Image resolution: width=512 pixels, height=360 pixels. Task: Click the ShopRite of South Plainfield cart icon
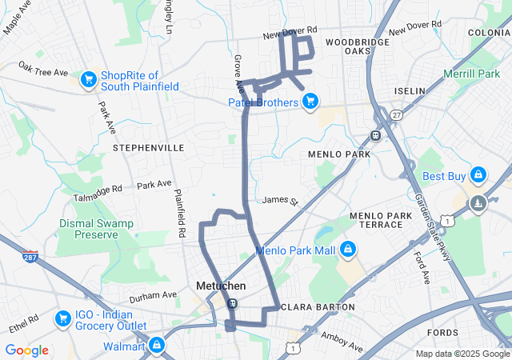(x=88, y=79)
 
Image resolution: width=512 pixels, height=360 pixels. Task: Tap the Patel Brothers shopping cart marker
(x=310, y=102)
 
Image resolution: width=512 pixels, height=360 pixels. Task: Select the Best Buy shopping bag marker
(x=478, y=174)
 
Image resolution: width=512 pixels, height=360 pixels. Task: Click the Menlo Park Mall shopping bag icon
(x=347, y=250)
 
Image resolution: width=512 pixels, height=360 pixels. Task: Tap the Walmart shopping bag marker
(x=157, y=346)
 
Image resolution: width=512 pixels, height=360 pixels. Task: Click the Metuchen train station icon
(x=231, y=303)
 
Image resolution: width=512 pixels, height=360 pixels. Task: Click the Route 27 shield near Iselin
(x=395, y=115)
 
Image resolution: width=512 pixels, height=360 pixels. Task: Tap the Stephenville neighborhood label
(x=149, y=148)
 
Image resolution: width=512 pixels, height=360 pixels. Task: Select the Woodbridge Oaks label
(x=358, y=46)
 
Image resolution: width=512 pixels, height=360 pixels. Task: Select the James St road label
(x=279, y=200)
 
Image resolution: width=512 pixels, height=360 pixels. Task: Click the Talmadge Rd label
(x=99, y=189)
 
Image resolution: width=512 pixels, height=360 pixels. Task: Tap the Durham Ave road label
(x=153, y=295)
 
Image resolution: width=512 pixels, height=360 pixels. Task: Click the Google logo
(x=26, y=350)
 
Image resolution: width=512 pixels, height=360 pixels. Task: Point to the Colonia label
(x=489, y=32)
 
